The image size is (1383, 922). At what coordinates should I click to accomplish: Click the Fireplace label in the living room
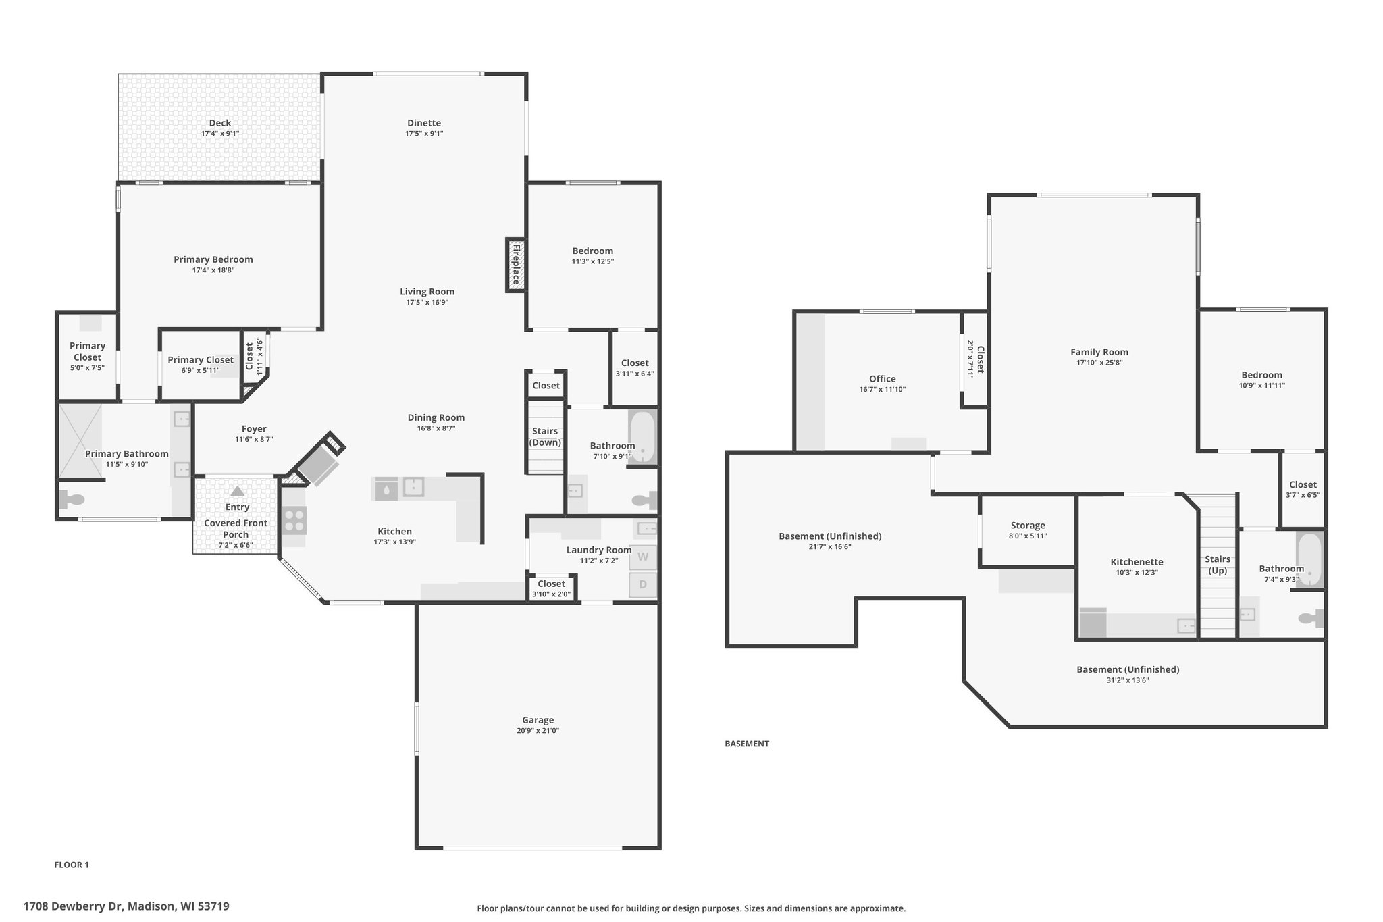click(x=516, y=264)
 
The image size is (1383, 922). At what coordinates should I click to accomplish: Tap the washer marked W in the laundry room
click(x=643, y=557)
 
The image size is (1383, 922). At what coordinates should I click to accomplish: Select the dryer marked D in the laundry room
click(x=643, y=584)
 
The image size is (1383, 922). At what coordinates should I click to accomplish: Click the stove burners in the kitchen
click(x=294, y=521)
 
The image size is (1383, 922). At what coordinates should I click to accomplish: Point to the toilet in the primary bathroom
click(x=72, y=499)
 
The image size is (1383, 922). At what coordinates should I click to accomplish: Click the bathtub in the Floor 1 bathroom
click(x=642, y=436)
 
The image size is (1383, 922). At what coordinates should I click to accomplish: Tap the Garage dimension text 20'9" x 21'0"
click(x=538, y=731)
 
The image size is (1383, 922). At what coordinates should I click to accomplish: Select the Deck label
click(x=220, y=123)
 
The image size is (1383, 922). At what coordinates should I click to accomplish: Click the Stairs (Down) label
click(x=545, y=437)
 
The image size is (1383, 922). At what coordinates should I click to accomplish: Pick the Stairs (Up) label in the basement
click(x=1218, y=565)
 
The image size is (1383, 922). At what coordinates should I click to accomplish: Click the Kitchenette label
click(x=1137, y=562)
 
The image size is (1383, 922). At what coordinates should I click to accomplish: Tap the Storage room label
click(x=1028, y=526)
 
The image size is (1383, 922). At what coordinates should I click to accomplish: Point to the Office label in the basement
click(x=883, y=379)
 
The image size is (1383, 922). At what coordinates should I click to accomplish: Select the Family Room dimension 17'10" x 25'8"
click(x=1099, y=363)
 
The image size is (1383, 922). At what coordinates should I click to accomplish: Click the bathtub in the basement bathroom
click(x=1309, y=560)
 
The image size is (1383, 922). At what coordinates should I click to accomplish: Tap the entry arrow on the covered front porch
click(x=237, y=491)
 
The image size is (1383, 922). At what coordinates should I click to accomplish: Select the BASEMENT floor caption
click(x=747, y=744)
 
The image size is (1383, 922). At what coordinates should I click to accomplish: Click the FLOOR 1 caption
click(x=72, y=865)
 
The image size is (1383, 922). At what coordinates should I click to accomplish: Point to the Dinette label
click(x=424, y=123)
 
